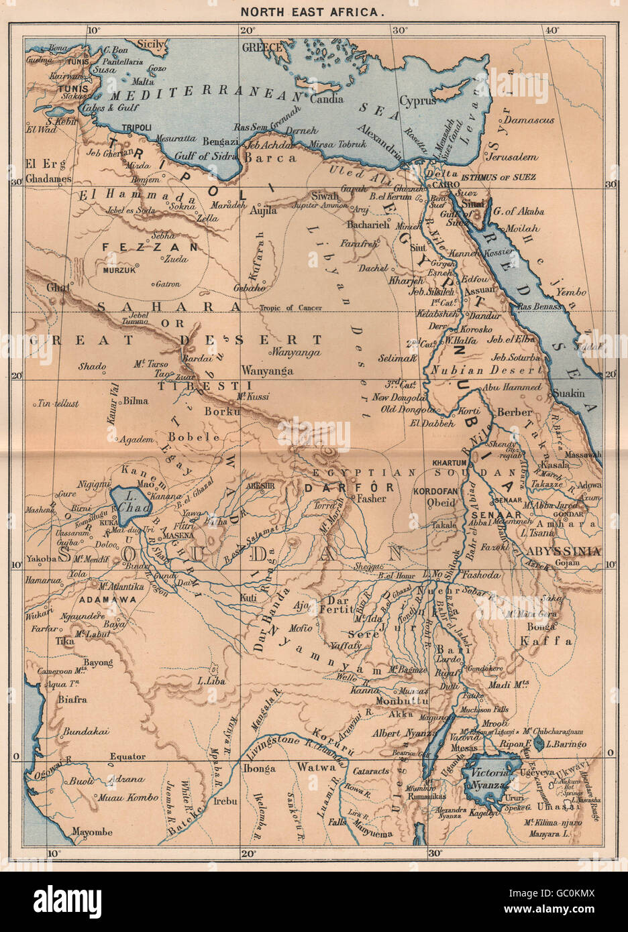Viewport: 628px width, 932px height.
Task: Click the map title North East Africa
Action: coord(314,12)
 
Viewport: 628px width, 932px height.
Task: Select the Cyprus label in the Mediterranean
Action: coord(417,101)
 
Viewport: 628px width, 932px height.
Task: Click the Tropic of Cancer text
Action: coord(291,308)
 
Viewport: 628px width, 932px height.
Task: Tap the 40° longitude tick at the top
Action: coord(552,30)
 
